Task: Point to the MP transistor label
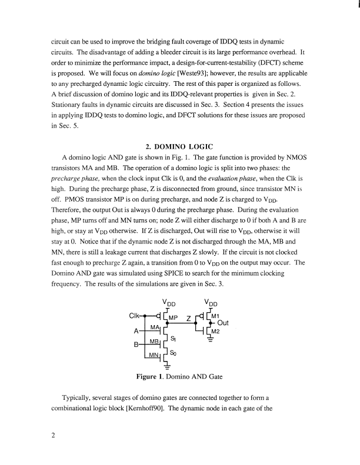click(x=174, y=318)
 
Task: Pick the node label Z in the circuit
click(x=188, y=318)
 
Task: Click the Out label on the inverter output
click(x=224, y=323)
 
